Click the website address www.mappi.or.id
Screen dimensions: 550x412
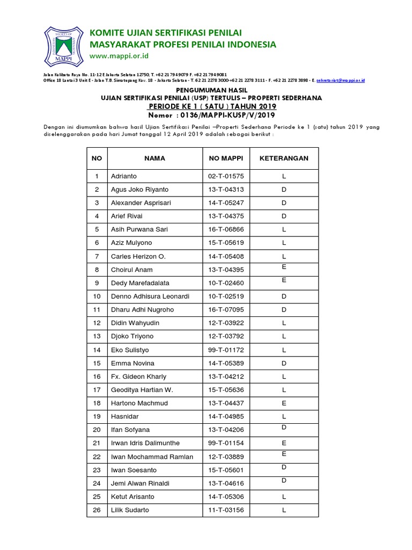pos(120,56)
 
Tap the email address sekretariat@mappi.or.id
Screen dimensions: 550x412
pos(341,80)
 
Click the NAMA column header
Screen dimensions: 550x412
pos(154,158)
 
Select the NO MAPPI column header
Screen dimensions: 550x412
pos(226,158)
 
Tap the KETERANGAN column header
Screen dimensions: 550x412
pos(284,158)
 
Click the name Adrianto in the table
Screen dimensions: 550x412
pos(124,176)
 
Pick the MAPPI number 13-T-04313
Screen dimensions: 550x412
pos(226,190)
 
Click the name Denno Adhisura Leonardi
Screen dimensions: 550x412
pos(150,296)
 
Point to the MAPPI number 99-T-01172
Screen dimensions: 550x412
pos(226,350)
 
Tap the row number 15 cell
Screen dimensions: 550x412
pos(97,363)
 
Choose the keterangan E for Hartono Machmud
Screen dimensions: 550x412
pos(284,403)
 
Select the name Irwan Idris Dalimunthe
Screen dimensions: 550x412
pos(145,443)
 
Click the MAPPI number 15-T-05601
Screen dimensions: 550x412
pos(226,470)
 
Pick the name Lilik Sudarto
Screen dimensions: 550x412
pos(130,510)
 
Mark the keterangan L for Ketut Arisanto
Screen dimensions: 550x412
pos(284,497)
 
